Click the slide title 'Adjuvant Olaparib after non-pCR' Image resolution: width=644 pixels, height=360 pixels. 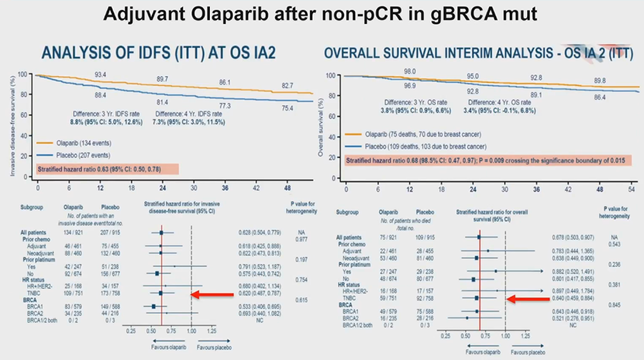pos(321,14)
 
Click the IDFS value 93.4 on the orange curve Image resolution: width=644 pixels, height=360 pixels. pos(100,75)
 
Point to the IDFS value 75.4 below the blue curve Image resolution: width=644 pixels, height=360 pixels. pos(287,108)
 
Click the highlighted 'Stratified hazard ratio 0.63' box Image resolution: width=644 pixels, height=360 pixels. pos(107,170)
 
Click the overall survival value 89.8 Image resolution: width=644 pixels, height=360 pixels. pos(600,81)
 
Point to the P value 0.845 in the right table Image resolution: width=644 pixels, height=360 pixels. pos(615,305)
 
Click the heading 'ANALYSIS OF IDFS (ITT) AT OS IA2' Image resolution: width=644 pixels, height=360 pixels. pos(158,54)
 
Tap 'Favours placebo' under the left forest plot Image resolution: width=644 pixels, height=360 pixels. pos(214,347)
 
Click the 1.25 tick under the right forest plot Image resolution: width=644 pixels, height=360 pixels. pos(525,337)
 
